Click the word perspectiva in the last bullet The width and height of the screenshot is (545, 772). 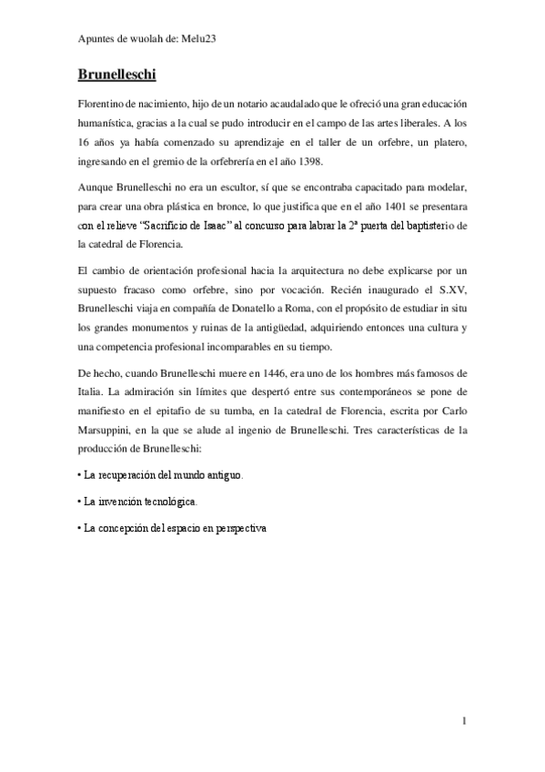[x=237, y=528]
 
